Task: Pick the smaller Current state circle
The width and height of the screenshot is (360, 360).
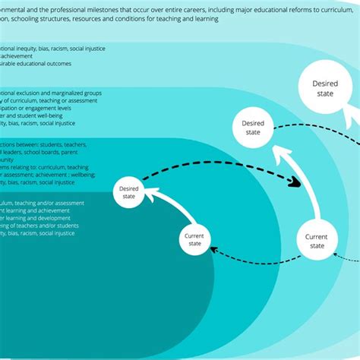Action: point(194,240)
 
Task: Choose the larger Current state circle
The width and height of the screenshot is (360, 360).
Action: point(316,242)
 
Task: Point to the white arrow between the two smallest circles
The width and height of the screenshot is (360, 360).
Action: point(169,207)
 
